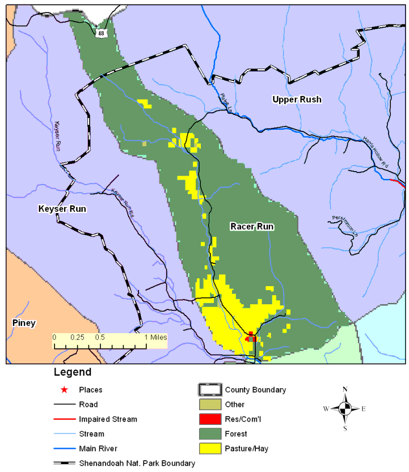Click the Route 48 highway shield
[x=100, y=33]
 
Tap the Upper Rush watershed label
[x=297, y=100]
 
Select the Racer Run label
[x=252, y=227]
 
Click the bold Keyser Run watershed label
[x=62, y=209]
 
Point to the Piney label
[x=24, y=323]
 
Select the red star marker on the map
[x=251, y=335]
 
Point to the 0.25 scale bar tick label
[x=77, y=337]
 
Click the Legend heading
[x=72, y=373]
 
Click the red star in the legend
[x=65, y=390]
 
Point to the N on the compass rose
[x=345, y=389]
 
